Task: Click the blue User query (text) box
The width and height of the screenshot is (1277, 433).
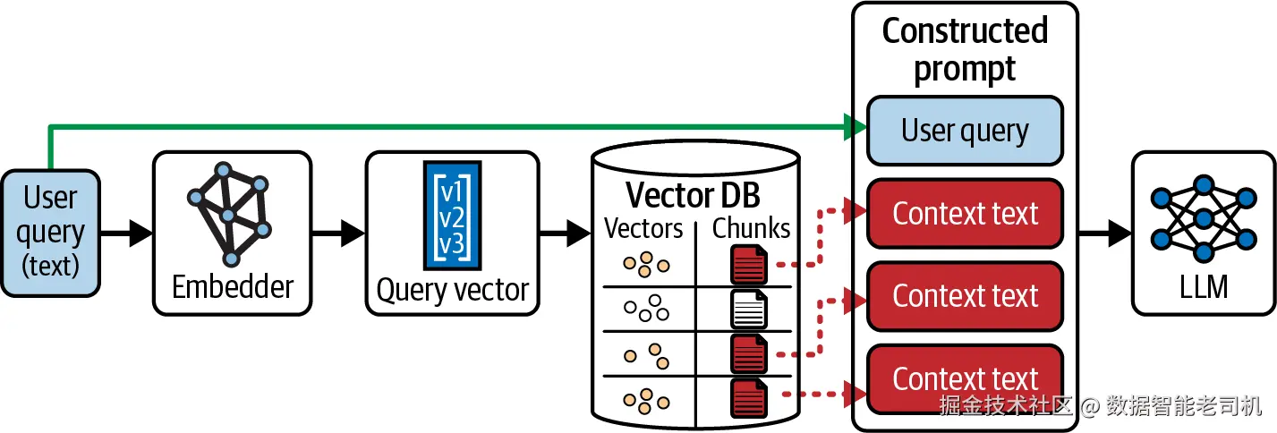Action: pyautogui.click(x=51, y=233)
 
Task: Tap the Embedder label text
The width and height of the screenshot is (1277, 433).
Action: pyautogui.click(x=233, y=286)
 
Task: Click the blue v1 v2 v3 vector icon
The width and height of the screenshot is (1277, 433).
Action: pyautogui.click(x=452, y=216)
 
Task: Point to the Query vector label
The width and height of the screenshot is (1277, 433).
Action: pyautogui.click(x=453, y=290)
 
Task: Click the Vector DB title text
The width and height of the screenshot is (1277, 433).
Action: pyautogui.click(x=693, y=195)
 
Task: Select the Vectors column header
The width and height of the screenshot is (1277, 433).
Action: pyautogui.click(x=643, y=228)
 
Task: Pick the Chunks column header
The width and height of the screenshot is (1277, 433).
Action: pyautogui.click(x=751, y=228)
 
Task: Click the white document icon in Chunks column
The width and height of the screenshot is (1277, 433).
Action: pyautogui.click(x=748, y=309)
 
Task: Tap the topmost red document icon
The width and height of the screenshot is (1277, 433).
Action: pyautogui.click(x=748, y=264)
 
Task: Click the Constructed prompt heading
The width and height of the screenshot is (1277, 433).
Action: pyautogui.click(x=965, y=49)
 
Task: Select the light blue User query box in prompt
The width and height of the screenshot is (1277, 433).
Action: pyautogui.click(x=965, y=131)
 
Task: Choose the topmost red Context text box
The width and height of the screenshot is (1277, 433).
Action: pyautogui.click(x=965, y=214)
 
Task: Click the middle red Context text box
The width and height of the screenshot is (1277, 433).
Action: pyautogui.click(x=965, y=296)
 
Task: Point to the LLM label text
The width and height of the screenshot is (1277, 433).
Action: pyautogui.click(x=1204, y=286)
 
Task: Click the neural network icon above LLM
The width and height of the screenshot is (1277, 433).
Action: pyautogui.click(x=1204, y=218)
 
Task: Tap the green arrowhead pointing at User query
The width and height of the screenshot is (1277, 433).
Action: pyautogui.click(x=856, y=126)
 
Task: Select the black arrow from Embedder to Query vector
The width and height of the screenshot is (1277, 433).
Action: pyautogui.click(x=338, y=233)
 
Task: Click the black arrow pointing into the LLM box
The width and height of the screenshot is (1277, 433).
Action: pyautogui.click(x=1105, y=233)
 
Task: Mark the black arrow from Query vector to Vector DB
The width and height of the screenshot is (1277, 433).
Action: pyautogui.click(x=565, y=233)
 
